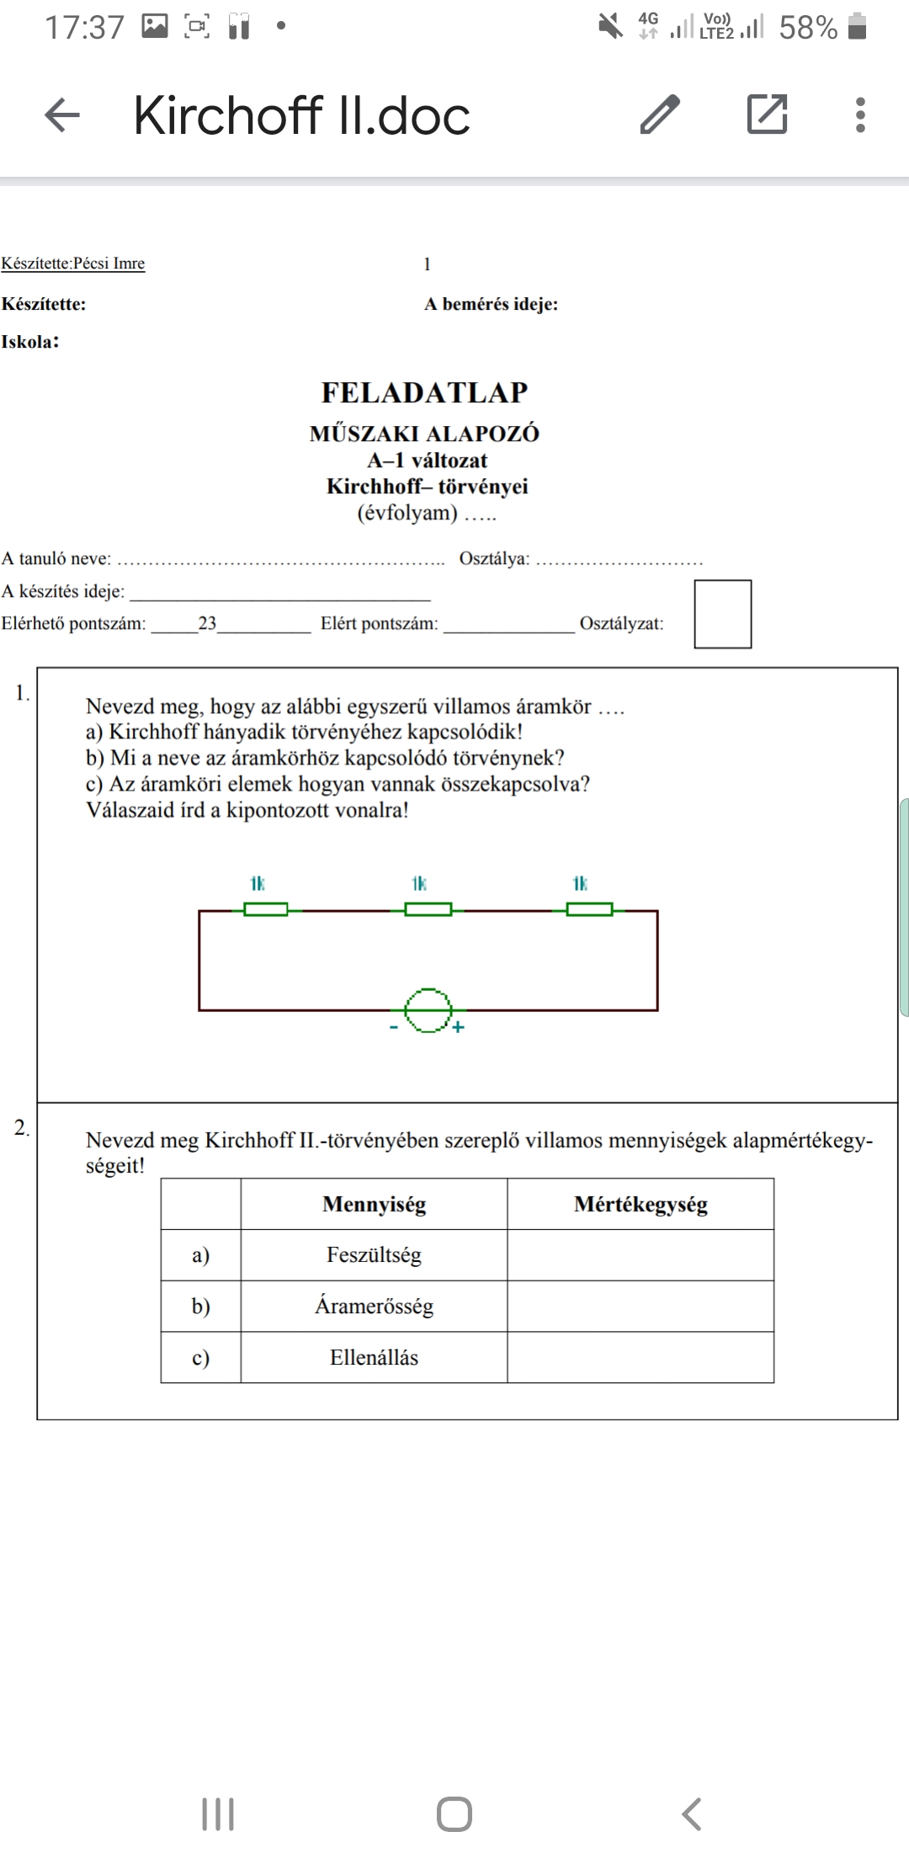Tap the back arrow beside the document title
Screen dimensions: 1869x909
coord(62,114)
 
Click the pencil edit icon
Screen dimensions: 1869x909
coord(660,114)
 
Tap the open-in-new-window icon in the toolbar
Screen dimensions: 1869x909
coord(767,114)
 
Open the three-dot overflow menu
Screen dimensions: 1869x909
coord(859,114)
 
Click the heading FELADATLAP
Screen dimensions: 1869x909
coord(424,392)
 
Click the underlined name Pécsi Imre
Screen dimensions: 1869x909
coord(109,264)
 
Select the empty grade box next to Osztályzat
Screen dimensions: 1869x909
coord(722,614)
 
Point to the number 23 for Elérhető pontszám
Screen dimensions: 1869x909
coord(207,624)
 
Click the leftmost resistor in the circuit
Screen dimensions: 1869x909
coord(266,909)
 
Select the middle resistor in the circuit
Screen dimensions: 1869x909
coord(428,909)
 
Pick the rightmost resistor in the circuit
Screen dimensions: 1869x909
coord(589,909)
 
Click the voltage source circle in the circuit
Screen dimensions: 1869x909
coord(428,1009)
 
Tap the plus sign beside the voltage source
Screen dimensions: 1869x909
coord(459,1027)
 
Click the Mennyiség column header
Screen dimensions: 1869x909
coord(374,1204)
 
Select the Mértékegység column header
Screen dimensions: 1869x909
coord(641,1204)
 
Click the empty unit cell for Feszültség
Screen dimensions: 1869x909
coord(641,1255)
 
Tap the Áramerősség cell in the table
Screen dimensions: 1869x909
coord(374,1306)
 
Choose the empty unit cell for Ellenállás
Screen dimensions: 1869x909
coord(641,1357)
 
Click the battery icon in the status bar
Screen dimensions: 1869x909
coord(857,27)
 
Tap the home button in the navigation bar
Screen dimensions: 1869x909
coord(454,1814)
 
